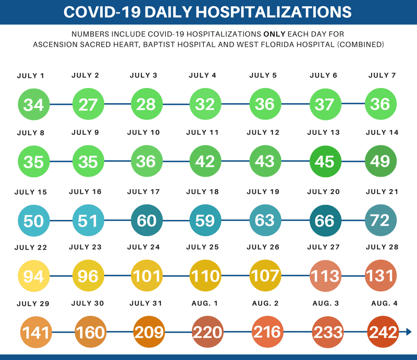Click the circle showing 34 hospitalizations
pos(33,105)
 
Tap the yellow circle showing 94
pos(33,275)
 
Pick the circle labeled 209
pos(146,332)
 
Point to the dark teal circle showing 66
pos(324,220)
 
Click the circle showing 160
pos(90,332)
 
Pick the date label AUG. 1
pos(205,303)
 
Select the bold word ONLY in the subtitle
pos(275,34)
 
